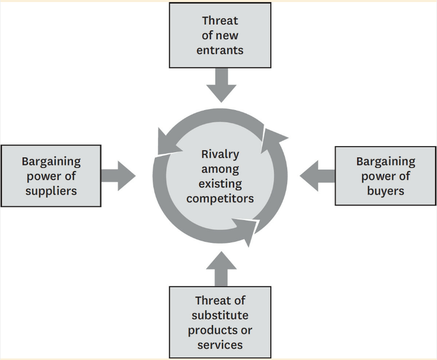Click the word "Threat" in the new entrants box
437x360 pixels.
click(x=220, y=21)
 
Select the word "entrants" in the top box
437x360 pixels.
click(x=220, y=50)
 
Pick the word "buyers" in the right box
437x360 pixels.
click(x=386, y=191)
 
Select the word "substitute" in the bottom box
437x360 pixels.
click(x=220, y=315)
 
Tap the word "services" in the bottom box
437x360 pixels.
click(x=220, y=344)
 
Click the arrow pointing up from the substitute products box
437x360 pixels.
click(x=220, y=268)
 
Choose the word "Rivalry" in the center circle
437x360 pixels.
click(x=220, y=154)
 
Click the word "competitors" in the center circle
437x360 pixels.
click(x=220, y=198)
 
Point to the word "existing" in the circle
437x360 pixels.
click(x=220, y=184)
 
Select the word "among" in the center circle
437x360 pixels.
click(x=220, y=169)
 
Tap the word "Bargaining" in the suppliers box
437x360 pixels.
click(x=51, y=161)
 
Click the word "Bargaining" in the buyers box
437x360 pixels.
click(x=386, y=161)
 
